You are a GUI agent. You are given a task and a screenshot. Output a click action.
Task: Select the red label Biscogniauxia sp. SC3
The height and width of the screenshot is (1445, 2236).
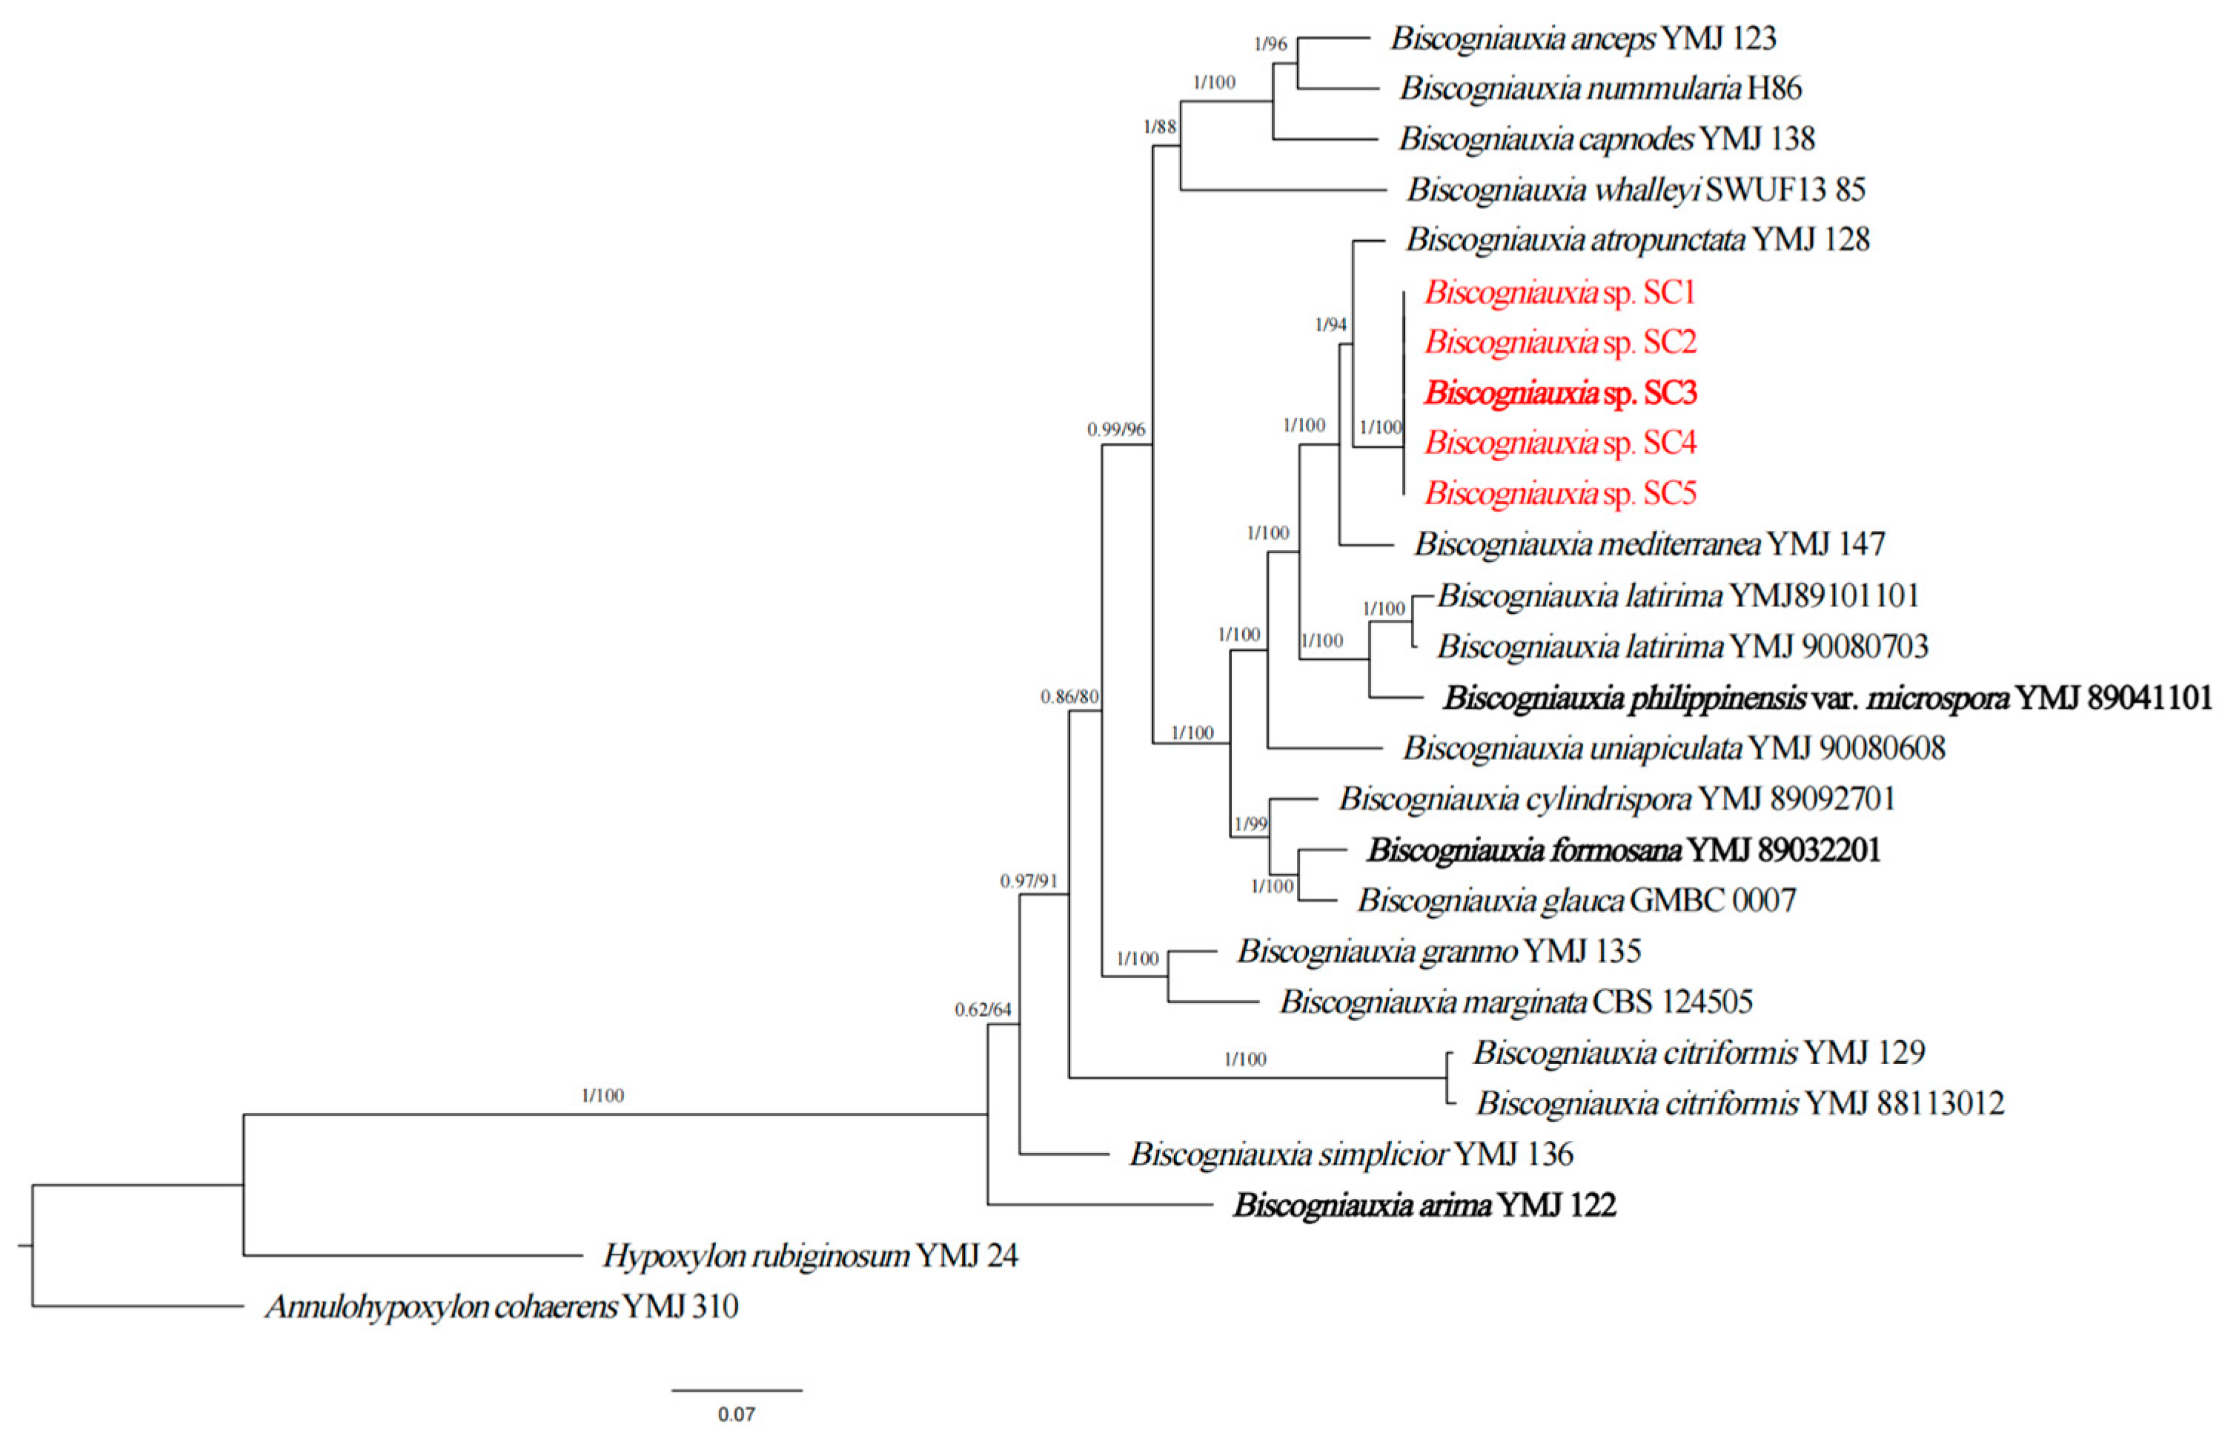[x=1560, y=392]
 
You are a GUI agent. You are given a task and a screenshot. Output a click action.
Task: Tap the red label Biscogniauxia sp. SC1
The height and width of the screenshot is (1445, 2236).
[x=1560, y=293]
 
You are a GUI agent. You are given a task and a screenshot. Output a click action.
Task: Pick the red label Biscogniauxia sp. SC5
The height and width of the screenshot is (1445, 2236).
[x=1560, y=492]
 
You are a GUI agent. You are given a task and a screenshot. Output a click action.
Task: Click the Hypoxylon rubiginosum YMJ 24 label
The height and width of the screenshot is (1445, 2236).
[x=809, y=1255]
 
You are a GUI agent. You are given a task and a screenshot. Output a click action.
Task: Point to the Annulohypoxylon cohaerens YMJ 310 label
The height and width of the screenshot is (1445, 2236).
[x=502, y=1306]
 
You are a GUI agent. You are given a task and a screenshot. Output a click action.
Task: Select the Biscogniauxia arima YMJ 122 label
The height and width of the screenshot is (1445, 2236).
[x=1424, y=1205]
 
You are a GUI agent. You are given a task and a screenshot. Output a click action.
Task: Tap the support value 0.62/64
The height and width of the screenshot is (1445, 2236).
[x=983, y=1010]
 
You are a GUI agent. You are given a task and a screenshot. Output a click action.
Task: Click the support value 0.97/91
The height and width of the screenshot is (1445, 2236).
[x=1028, y=881]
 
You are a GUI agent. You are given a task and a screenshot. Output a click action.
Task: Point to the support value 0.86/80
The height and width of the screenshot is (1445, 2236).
[x=1069, y=696]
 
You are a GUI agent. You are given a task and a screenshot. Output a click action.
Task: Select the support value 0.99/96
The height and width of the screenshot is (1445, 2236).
[x=1116, y=430]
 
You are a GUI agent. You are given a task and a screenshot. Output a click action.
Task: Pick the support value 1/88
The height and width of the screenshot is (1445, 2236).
[x=1159, y=127]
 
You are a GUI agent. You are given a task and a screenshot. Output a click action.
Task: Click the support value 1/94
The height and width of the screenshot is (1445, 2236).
[x=1330, y=325]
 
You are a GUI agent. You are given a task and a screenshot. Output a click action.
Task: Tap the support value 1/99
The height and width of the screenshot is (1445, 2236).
[x=1250, y=824]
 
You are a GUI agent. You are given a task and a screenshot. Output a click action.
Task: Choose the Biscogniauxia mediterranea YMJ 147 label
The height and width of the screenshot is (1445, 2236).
[x=1649, y=543]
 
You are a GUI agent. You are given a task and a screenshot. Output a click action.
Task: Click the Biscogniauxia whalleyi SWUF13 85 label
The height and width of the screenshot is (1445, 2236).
[x=1636, y=190]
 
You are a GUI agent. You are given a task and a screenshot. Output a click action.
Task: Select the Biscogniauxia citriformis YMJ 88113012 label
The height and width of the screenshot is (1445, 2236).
[x=1740, y=1102]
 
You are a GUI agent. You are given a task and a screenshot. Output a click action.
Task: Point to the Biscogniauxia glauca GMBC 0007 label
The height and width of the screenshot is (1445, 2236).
[x=1576, y=901]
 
